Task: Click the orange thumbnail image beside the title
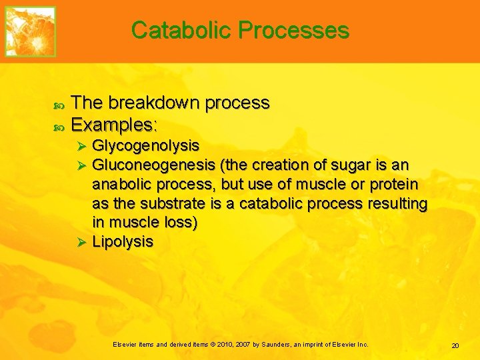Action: [x=31, y=31]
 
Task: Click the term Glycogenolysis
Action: [x=145, y=145]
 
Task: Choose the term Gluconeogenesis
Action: [x=153, y=165]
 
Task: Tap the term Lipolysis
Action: [x=123, y=241]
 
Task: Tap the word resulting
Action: [x=397, y=203]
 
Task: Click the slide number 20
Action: [x=455, y=345]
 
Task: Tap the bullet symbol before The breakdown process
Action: [x=57, y=104]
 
